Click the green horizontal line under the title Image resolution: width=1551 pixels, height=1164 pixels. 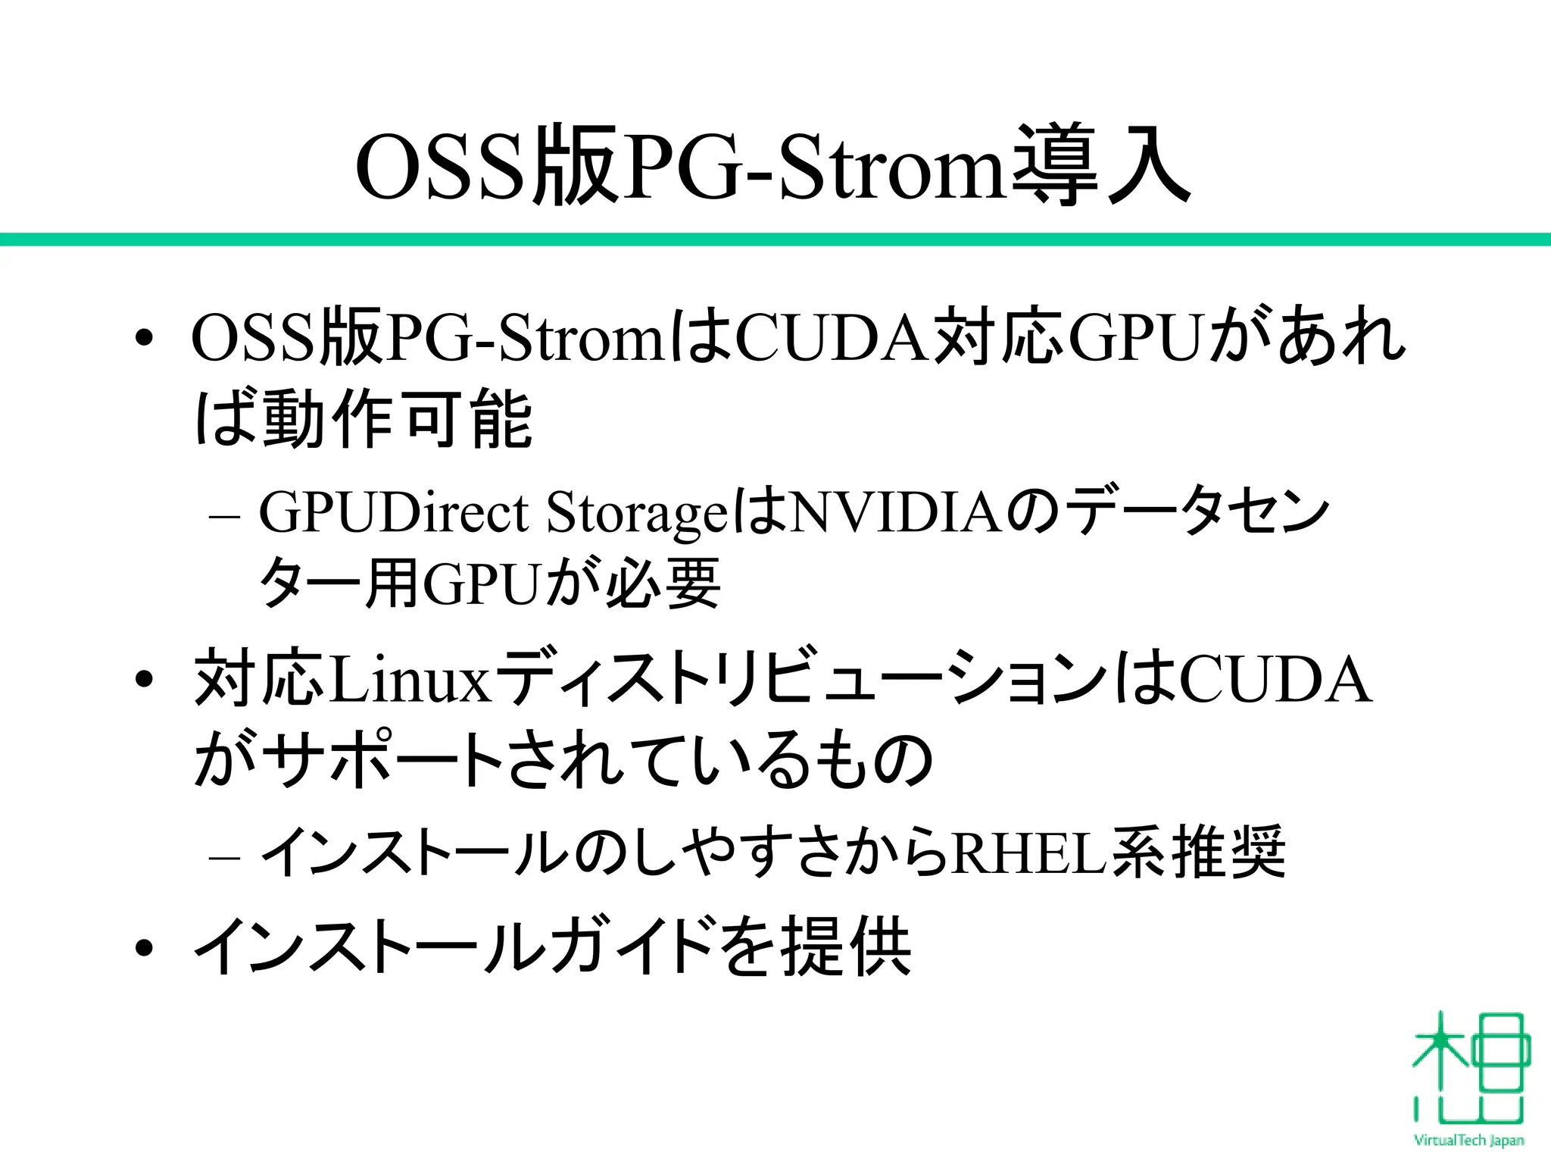775,239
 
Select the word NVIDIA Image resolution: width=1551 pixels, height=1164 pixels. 897,512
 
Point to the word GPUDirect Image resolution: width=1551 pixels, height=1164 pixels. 394,512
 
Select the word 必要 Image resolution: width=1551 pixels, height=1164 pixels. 663,584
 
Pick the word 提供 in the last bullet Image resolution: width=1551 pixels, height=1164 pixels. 846,947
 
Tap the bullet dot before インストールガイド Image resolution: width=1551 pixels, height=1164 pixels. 144,948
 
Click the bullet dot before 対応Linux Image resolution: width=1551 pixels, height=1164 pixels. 144,681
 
